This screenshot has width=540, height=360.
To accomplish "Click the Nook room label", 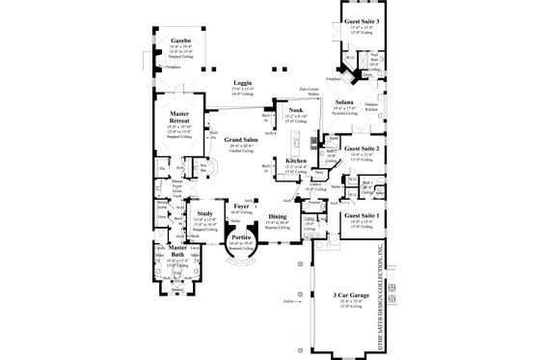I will [287, 110].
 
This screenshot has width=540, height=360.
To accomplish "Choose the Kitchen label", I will [297, 160].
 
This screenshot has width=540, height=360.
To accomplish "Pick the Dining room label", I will [278, 216].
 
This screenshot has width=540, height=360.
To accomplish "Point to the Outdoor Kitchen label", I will [371, 107].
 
